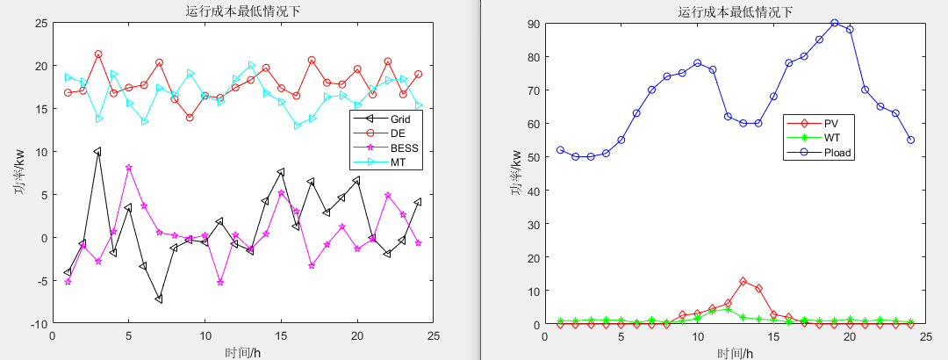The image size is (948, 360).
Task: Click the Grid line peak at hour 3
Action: point(97,151)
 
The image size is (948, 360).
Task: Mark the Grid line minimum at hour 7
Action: point(159,299)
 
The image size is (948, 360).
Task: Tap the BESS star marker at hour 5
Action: point(128,168)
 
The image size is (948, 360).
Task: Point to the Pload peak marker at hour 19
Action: point(834,23)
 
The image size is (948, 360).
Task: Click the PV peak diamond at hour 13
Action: point(743,281)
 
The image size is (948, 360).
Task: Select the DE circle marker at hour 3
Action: point(97,54)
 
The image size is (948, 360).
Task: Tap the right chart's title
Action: point(735,11)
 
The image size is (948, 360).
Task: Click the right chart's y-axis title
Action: point(520,174)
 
